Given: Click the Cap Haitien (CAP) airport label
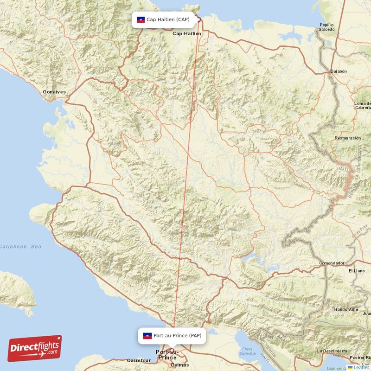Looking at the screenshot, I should tap(167, 19).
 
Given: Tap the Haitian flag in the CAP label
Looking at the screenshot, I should tap(141, 19).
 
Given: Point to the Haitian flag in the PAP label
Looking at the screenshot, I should tap(147, 335).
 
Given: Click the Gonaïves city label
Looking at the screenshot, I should tap(54, 92).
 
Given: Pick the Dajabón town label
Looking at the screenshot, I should tap(338, 71).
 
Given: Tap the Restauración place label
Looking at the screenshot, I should tap(347, 138).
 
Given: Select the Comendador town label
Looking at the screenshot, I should tap(332, 263).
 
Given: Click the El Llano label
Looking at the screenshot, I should tap(357, 270).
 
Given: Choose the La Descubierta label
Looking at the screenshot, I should tap(333, 351).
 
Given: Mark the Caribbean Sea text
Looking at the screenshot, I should tap(21, 247).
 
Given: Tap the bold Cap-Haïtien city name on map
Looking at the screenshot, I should tap(187, 34).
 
